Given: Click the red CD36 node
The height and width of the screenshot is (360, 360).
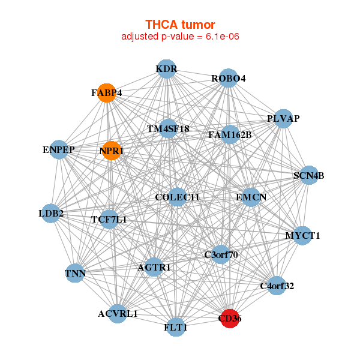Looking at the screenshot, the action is [230, 319].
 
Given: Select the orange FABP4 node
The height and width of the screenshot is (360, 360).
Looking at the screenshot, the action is [107, 93].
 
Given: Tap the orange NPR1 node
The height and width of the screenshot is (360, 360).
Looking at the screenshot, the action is [112, 151].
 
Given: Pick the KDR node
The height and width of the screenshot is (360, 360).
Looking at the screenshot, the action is [166, 69].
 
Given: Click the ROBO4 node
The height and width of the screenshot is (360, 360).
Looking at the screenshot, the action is [228, 79].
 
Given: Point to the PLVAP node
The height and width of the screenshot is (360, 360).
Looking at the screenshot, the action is [283, 118].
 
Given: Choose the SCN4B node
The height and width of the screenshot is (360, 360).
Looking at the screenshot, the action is [308, 176].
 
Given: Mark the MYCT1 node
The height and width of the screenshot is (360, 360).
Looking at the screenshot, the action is [302, 235].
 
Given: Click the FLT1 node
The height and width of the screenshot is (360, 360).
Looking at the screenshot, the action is [176, 328].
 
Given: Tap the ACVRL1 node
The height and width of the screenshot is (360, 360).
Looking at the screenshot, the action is [118, 313].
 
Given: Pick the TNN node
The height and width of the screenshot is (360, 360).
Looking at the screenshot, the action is [76, 274].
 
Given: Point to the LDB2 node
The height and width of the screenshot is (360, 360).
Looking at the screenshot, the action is [51, 213].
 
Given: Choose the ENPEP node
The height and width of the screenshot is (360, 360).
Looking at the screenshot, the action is [58, 149].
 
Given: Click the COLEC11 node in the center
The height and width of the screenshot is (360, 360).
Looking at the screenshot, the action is [177, 197].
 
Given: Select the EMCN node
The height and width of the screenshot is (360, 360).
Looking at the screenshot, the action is [251, 197].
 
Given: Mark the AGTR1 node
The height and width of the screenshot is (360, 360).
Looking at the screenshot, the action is [154, 267].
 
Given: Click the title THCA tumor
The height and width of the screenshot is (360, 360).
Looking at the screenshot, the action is [180, 25].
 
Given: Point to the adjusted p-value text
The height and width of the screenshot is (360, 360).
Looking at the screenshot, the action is [180, 37].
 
